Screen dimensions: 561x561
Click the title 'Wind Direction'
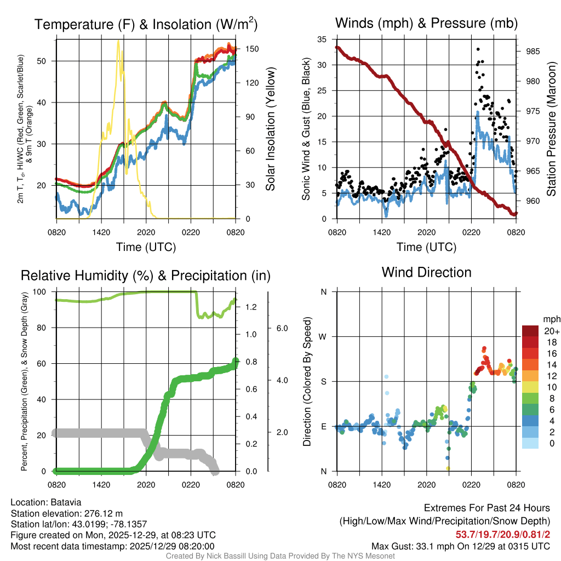click(x=426, y=272)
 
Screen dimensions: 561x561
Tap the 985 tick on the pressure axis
click(x=533, y=51)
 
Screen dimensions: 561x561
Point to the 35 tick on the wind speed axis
click(x=322, y=39)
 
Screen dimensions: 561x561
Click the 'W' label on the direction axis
click(x=323, y=336)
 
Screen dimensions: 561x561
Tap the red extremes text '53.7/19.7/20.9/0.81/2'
click(x=503, y=534)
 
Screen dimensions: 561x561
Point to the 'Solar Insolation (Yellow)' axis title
click(x=270, y=129)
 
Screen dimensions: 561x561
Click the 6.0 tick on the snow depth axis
click(x=281, y=328)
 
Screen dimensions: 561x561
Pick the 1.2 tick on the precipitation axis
click(x=251, y=307)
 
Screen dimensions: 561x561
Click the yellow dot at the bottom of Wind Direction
click(x=448, y=468)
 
